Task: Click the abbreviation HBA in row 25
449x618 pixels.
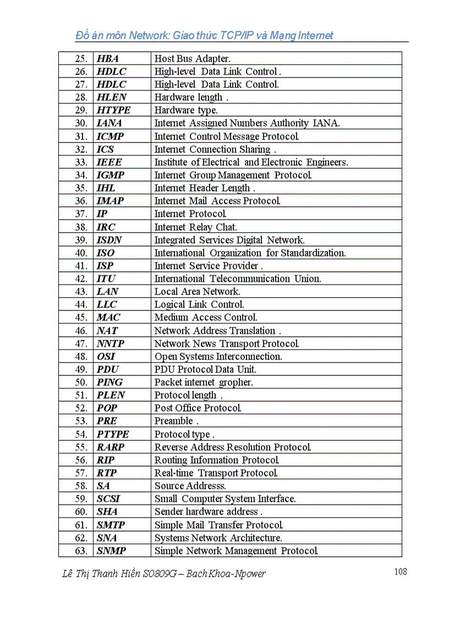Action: [108, 58]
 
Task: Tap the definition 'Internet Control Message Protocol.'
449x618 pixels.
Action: [227, 136]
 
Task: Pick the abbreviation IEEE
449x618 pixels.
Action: [109, 162]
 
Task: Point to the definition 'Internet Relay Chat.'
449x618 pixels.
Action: [196, 227]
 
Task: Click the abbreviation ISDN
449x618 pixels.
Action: [109, 240]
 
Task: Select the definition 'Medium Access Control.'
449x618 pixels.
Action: [206, 318]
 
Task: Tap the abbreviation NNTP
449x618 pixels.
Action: [111, 343]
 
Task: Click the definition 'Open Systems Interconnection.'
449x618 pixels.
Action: [218, 357]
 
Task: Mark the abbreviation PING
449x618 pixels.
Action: [110, 382]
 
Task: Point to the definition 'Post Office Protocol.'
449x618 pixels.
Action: [198, 408]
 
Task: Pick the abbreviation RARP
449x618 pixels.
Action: [111, 447]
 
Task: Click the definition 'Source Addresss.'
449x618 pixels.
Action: [190, 486]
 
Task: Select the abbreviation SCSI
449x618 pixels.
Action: [108, 499]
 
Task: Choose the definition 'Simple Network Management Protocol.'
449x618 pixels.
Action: [237, 551]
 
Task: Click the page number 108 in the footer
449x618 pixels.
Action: [401, 572]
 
